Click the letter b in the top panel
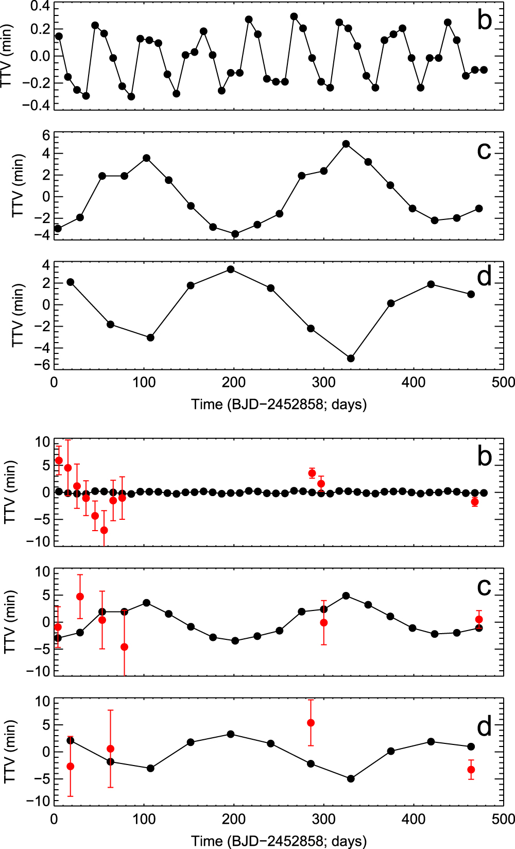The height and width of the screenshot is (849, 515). (484, 20)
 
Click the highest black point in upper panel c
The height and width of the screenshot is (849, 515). (346, 144)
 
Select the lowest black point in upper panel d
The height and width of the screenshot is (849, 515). (351, 358)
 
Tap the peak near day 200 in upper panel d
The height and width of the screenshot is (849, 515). (231, 269)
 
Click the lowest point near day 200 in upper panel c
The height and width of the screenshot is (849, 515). (235, 234)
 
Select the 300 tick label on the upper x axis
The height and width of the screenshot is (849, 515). (324, 382)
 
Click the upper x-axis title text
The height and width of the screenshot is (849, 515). (279, 404)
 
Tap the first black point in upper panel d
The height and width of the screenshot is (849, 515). (71, 282)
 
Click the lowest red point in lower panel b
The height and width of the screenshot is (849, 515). (104, 530)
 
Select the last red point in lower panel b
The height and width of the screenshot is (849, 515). (475, 502)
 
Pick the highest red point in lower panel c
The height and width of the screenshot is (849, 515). (80, 597)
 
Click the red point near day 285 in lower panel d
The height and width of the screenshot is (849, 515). (311, 723)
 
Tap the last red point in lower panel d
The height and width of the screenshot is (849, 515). (471, 770)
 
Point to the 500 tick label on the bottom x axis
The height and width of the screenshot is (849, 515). (503, 819)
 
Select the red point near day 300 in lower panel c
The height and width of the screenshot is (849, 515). (324, 623)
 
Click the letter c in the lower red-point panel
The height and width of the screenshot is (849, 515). (484, 587)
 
